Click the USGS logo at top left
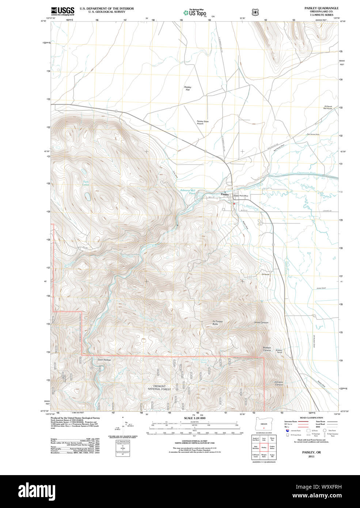coord(62,11)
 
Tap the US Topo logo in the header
coord(195,12)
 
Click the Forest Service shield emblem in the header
coord(255,12)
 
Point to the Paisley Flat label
coord(187,88)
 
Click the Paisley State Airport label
coord(202,122)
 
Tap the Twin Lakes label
coord(86,183)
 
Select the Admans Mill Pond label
coord(188,192)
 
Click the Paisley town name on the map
coord(224,194)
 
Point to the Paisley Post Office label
coord(241,196)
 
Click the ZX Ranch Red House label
coord(327,107)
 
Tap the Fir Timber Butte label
coord(218,323)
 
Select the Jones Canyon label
coord(261,322)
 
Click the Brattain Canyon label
coord(267,349)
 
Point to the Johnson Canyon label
coord(278,383)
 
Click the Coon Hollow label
coord(104,360)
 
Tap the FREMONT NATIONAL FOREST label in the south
coord(159,388)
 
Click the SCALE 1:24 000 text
coord(194,418)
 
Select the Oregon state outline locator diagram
coord(264,424)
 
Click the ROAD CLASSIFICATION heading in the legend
coord(311,418)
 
